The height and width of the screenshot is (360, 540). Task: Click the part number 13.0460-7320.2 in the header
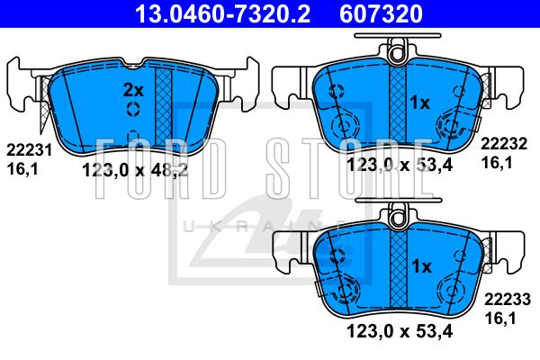pos(223,13)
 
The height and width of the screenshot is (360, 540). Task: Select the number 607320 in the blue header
pos(381,13)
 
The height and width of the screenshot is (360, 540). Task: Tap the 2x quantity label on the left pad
pos(133,90)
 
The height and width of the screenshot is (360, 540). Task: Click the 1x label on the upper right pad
pos(419,103)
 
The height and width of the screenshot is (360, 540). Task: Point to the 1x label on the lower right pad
pos(421,266)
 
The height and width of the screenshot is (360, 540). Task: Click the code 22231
pos(30,150)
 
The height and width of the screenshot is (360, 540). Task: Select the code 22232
pos(504,144)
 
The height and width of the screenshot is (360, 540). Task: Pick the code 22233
pos(508,300)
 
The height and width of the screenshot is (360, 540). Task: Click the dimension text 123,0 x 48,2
pos(135,170)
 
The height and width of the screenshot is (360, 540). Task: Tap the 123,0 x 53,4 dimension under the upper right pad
pos(400,165)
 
